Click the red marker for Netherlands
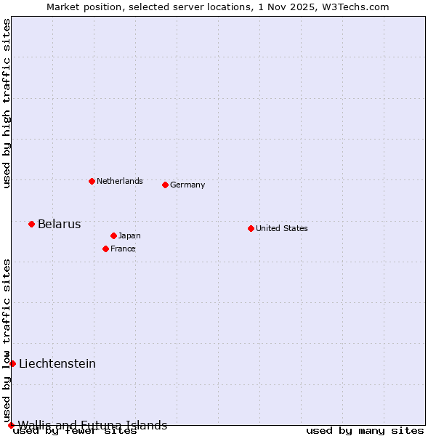pyautogui.click(x=92, y=181)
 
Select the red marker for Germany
pyautogui.click(x=165, y=185)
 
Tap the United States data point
pyautogui.click(x=251, y=228)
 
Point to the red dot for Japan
pyautogui.click(x=113, y=235)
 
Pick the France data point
pyautogui.click(x=105, y=249)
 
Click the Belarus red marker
pyautogui.click(x=31, y=224)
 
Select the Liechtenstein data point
pyautogui.click(x=12, y=363)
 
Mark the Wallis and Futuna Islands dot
pyautogui.click(x=11, y=425)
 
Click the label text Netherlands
pyautogui.click(x=120, y=181)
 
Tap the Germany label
pyautogui.click(x=187, y=185)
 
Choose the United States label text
pyautogui.click(x=282, y=228)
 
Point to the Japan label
pyautogui.click(x=129, y=235)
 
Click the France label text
pyautogui.click(x=123, y=249)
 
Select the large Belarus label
pyautogui.click(x=59, y=224)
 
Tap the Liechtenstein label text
pyautogui.click(x=57, y=363)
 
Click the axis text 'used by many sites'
pyautogui.click(x=365, y=430)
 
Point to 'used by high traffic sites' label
pyautogui.click(x=7, y=103)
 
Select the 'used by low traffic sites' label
pyautogui.click(x=7, y=340)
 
